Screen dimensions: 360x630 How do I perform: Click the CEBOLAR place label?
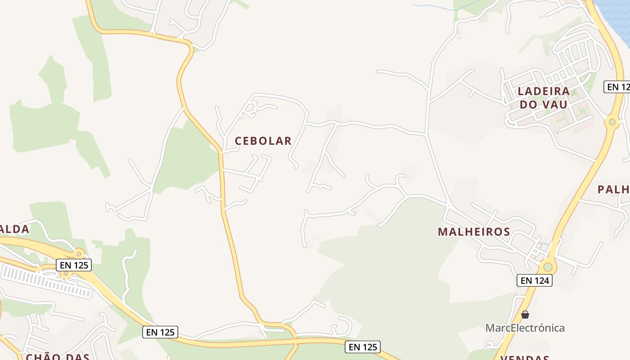coord(263,141)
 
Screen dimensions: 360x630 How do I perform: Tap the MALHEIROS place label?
coord(474,232)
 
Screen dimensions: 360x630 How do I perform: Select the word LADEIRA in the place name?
coord(543,91)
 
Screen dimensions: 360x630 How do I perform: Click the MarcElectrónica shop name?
coord(525,328)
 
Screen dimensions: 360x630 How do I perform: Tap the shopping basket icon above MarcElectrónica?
coord(525,315)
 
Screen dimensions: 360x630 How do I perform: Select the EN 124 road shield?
coord(534,280)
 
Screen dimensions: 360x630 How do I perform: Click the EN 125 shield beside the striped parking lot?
coord(74,265)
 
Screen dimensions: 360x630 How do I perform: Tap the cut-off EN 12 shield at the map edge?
coord(617,87)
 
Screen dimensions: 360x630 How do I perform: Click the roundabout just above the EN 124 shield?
coord(547,267)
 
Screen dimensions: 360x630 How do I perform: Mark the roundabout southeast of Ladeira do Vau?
coord(612,121)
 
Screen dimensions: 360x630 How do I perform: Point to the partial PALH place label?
coord(613,189)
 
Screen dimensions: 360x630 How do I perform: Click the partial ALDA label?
coord(14,229)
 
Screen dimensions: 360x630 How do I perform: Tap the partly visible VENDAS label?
coord(524,358)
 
